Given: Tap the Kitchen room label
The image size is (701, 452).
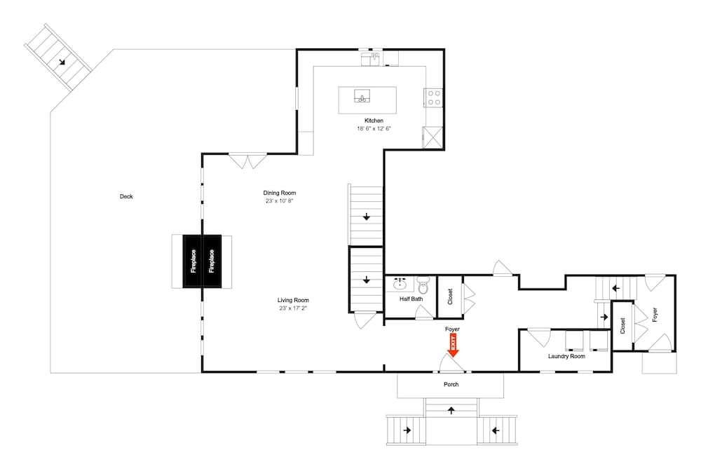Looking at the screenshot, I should coord(374,121).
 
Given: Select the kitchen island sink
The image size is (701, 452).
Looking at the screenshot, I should coord(362,96).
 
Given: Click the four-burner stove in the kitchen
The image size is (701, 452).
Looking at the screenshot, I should coord(433,97).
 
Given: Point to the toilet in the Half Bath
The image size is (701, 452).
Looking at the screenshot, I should coord(423,285).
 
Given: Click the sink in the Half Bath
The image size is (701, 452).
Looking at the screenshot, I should coord(400,285).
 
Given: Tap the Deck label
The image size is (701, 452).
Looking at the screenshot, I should coord(126,197).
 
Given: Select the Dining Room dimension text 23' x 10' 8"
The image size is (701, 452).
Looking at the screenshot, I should coord(279,201).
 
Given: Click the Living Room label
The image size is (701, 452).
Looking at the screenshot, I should coord(293,300).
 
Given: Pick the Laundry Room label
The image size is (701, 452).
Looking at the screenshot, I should coord(566,356).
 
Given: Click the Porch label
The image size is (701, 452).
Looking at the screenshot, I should coord(451,384).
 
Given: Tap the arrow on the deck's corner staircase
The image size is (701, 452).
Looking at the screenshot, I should coord(62,62).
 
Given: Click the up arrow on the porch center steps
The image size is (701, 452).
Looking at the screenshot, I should coord(451,409).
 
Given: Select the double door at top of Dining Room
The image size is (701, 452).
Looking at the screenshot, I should coord(248,160).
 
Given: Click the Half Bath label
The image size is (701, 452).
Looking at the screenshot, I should coord(411,299).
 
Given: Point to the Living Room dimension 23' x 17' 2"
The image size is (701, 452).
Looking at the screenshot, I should coord(293,308).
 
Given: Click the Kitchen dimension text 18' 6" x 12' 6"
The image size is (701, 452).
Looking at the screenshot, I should coord(374,128).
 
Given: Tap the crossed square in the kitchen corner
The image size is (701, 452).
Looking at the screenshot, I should coord(433,137).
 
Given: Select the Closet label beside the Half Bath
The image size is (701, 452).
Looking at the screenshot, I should coord(450,297).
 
